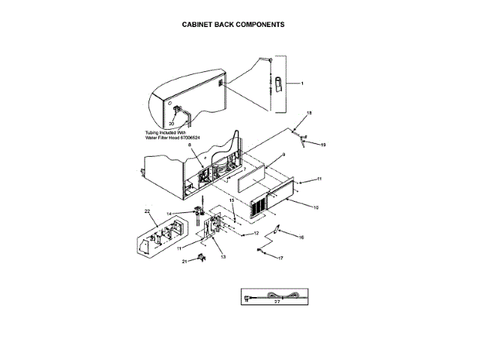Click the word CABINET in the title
click(x=198, y=24)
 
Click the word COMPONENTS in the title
click(x=259, y=24)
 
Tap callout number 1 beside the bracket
click(x=302, y=82)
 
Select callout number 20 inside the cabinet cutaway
click(x=172, y=122)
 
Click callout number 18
click(x=308, y=113)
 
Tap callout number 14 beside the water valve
click(x=169, y=214)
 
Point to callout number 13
click(x=223, y=256)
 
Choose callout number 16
click(x=301, y=238)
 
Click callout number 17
click(x=281, y=259)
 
